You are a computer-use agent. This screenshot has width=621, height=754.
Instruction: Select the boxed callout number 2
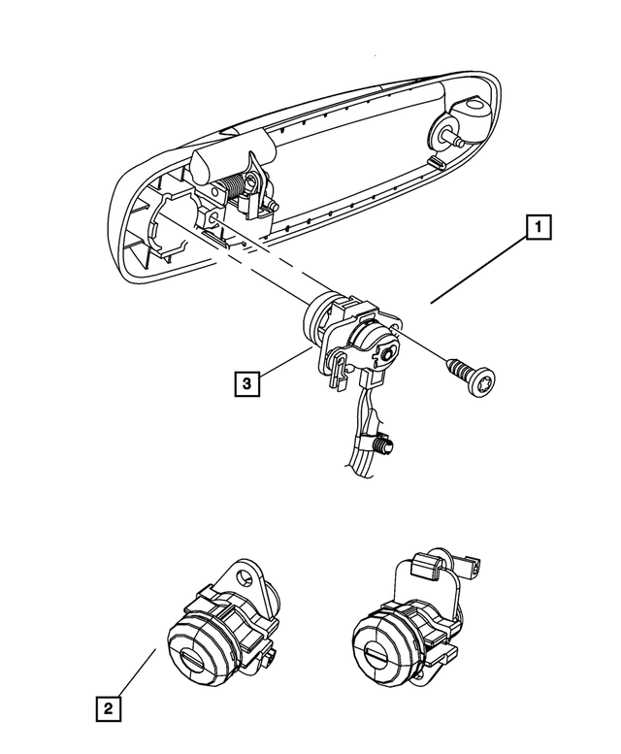(x=109, y=708)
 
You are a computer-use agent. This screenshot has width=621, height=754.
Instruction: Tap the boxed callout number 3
(x=247, y=384)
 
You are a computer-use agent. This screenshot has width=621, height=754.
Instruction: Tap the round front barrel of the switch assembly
(x=323, y=319)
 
